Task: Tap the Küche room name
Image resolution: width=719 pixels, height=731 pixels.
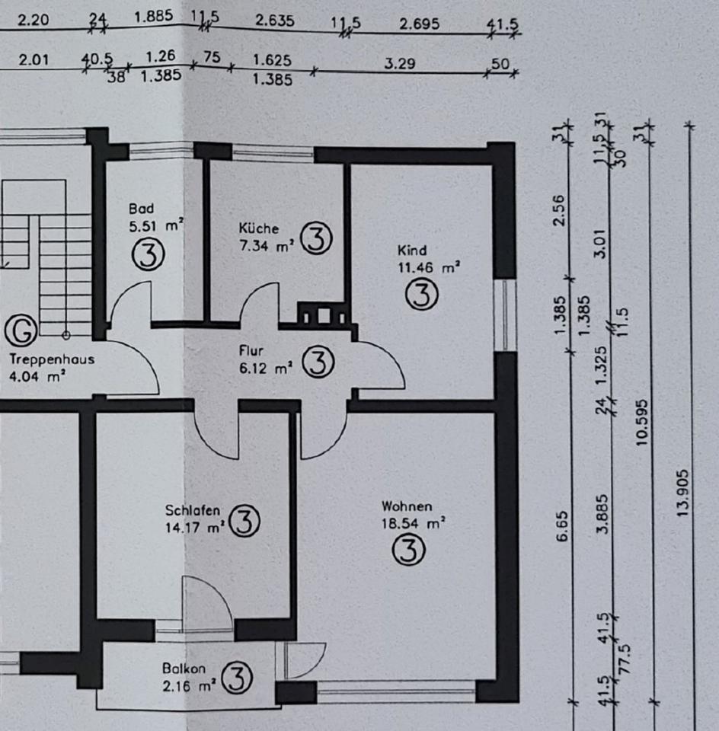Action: [258, 228]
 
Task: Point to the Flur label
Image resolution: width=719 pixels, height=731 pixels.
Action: [251, 351]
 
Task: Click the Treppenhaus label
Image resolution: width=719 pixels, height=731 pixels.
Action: [52, 359]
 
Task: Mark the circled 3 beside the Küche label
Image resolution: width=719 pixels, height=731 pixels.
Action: [316, 239]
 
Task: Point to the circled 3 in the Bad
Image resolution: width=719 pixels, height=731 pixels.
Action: [149, 255]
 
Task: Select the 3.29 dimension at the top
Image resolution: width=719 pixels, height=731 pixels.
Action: [399, 64]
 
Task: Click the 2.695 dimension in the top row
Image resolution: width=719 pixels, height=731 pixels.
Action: [419, 24]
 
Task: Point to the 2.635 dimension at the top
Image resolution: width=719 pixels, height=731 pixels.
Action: [274, 22]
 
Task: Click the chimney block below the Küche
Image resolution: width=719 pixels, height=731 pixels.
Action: [323, 314]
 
